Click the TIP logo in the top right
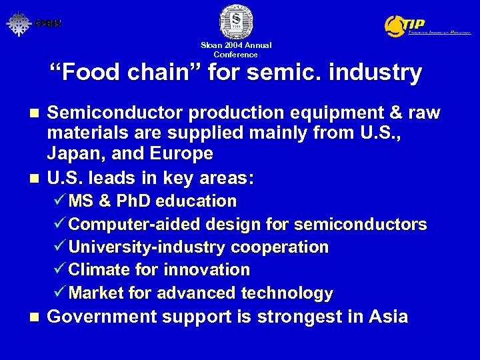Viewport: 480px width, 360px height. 427,25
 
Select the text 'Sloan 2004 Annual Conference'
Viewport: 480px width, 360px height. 235,49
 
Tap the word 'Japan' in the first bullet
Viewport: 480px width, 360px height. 72,153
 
